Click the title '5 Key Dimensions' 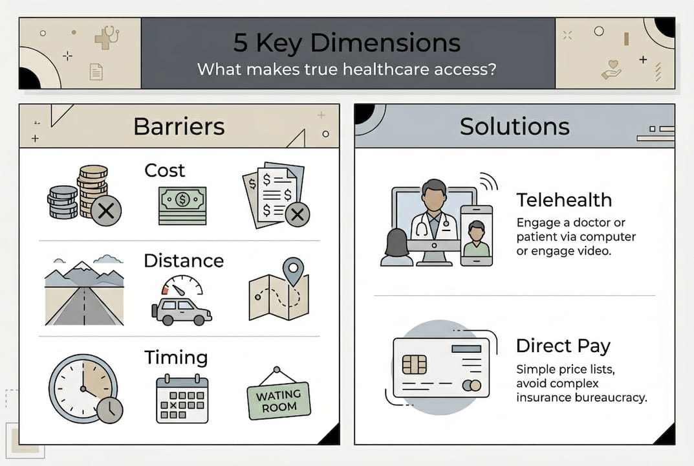[347, 43]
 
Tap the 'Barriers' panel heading [179, 126]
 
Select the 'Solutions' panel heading [514, 126]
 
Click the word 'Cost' [164, 170]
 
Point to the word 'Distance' [183, 261]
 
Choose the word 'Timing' [175, 357]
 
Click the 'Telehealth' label [563, 199]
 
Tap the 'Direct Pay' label [563, 346]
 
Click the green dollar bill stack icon [182, 205]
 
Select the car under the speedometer [181, 311]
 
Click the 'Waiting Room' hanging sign [279, 400]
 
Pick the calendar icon [182, 399]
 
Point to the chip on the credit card [415, 364]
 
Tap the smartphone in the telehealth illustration [477, 236]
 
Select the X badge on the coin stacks [106, 210]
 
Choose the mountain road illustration [84, 291]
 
